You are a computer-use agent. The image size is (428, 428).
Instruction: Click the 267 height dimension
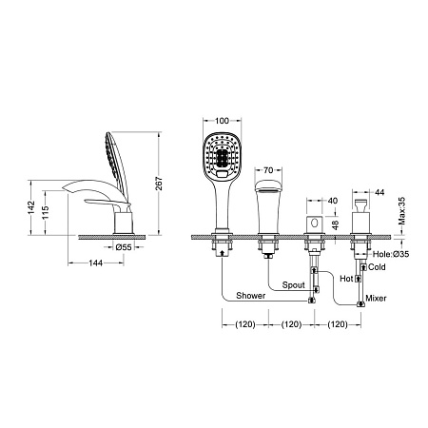tap(159, 184)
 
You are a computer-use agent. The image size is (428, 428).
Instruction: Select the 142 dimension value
tap(31, 207)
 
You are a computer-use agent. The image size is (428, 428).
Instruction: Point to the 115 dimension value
tap(46, 213)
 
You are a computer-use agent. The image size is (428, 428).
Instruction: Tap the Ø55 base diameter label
tap(124, 247)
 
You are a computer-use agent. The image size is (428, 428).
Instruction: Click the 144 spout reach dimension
tap(95, 263)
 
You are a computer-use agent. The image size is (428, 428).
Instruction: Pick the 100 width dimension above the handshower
tap(222, 121)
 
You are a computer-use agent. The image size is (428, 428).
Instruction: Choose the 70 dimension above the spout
tap(268, 170)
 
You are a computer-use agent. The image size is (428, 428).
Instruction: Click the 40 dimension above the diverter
tap(333, 201)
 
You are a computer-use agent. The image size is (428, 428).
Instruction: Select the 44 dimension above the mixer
tap(379, 192)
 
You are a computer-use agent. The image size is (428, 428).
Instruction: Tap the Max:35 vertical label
tap(401, 211)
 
